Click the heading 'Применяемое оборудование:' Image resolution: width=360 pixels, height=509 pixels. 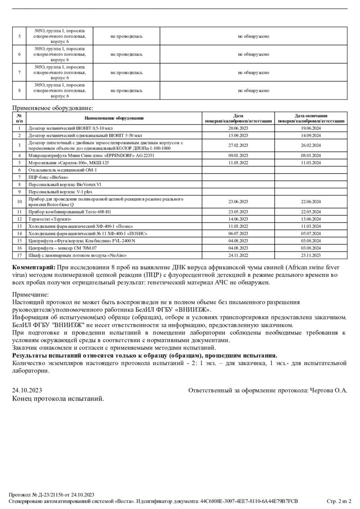pyautogui.click(x=53, y=108)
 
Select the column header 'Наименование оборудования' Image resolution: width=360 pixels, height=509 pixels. pyautogui.click(x=114, y=118)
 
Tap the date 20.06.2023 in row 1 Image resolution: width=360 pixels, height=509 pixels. pyautogui.click(x=238, y=128)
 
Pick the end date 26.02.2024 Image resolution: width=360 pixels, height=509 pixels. pyautogui.click(x=311, y=145)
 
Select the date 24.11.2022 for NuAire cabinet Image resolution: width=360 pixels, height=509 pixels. pyautogui.click(x=238, y=255)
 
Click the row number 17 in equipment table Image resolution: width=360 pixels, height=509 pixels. pyautogui.click(x=19, y=255)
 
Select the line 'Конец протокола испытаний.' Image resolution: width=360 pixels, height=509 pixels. pyautogui.click(x=58, y=398)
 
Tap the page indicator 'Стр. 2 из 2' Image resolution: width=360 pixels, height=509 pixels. pyautogui.click(x=339, y=501)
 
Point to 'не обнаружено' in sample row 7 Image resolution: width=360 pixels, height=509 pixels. pyautogui.click(x=253, y=72)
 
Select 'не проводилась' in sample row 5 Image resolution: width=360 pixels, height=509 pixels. pyautogui.click(x=126, y=36)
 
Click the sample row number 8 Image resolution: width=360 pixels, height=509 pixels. pyautogui.click(x=19, y=90)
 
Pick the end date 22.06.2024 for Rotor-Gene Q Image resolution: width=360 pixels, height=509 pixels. pyautogui.click(x=311, y=202)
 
